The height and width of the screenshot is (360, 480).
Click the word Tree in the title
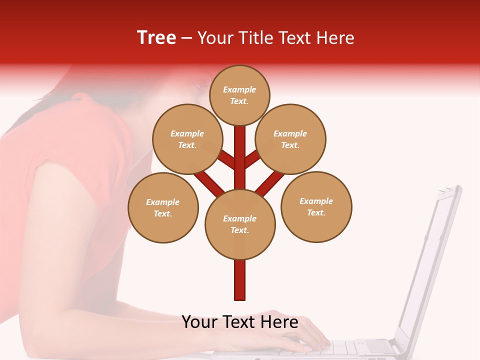point(156,38)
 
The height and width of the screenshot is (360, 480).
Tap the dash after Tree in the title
point(187,38)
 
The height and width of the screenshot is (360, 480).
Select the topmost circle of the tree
point(239,95)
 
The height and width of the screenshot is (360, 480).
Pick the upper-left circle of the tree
point(187,139)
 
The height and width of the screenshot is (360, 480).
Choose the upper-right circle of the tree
point(290,139)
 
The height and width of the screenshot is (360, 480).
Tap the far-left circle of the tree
point(163,207)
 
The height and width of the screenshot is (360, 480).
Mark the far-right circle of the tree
point(316,206)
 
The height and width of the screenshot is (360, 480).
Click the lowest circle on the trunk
point(240,224)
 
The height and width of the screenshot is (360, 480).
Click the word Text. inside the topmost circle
point(239,101)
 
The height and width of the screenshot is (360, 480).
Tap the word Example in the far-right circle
point(316,201)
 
